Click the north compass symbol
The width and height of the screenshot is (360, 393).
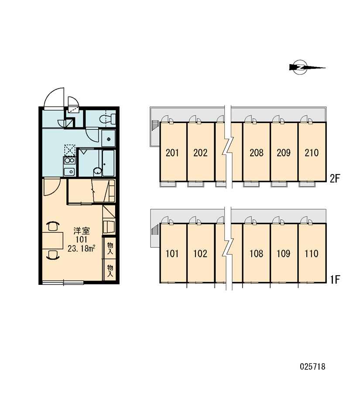tap(301, 68)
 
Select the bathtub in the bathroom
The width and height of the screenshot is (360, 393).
tap(108, 163)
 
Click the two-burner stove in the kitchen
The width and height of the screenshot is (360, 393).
tap(69, 161)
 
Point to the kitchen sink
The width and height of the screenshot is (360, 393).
tap(69, 172)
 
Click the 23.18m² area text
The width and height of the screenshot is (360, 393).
tap(81, 248)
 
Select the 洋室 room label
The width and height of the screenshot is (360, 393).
tap(82, 231)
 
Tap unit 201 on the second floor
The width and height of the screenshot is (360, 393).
tap(172, 153)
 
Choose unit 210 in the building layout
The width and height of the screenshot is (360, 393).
tap(312, 153)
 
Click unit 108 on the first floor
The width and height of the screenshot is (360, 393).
tap(257, 254)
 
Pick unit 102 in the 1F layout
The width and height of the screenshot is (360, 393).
tap(200, 254)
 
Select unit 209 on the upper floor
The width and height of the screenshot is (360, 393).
tap(284, 153)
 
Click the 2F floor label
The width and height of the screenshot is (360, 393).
tap(335, 178)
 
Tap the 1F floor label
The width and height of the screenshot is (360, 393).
tap(335, 279)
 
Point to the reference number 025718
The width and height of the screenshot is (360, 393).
tap(312, 367)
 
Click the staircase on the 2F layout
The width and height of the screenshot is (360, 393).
tap(155, 125)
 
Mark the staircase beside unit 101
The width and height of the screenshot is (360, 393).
tap(155, 229)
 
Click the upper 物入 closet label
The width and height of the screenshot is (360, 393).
tap(110, 248)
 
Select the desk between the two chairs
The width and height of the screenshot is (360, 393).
tap(53, 240)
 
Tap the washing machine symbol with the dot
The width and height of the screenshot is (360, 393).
tap(109, 138)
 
